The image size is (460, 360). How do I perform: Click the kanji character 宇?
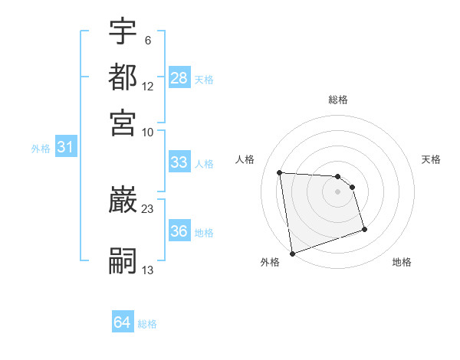click(123, 32)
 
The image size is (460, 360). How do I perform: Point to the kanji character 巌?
click(123, 201)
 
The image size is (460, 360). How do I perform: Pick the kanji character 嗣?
click(123, 261)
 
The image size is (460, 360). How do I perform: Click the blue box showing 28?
click(179, 78)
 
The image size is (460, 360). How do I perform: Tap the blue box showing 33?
click(179, 162)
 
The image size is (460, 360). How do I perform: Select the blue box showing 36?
click(179, 232)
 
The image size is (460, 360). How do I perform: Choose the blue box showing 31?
click(65, 148)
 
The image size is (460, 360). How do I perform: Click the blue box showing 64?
click(123, 323)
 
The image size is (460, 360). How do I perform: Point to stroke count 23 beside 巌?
click(148, 208)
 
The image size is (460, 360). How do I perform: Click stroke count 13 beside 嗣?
click(148, 270)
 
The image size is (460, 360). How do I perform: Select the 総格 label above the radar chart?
click(338, 100)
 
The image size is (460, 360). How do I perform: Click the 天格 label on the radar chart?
click(431, 159)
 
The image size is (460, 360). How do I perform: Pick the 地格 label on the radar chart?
click(402, 263)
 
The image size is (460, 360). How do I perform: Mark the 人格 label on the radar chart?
click(245, 159)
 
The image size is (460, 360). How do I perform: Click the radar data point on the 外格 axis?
click(292, 254)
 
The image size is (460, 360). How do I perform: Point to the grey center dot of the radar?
click(338, 191)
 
